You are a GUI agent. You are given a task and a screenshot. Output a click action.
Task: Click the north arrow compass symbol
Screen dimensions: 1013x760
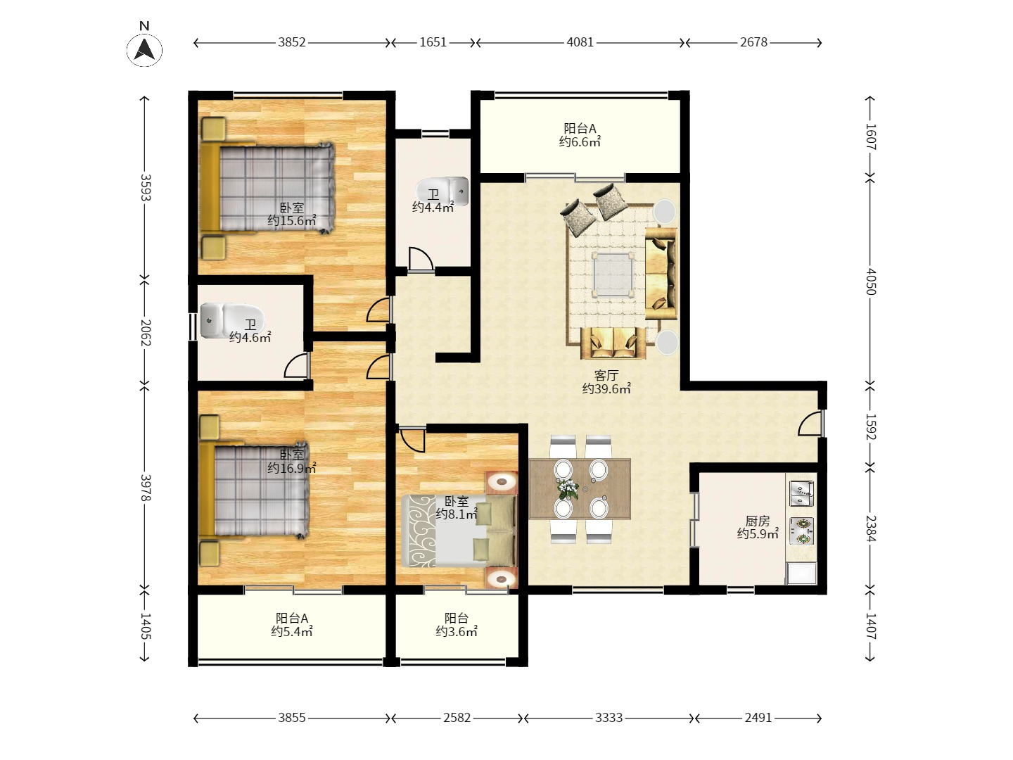[x=144, y=49]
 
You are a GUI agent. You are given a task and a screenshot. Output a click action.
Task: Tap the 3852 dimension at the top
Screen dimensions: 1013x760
[x=292, y=42]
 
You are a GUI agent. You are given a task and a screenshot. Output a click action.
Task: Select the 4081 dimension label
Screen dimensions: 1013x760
[x=580, y=42]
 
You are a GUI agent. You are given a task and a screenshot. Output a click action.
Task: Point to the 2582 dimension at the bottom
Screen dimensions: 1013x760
[x=457, y=718]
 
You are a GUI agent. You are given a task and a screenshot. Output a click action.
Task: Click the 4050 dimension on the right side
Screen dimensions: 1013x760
[x=870, y=281]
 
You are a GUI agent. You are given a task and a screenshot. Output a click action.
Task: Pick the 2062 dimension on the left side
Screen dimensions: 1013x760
[x=145, y=333]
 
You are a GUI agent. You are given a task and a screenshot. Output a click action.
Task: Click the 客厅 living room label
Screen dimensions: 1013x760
[x=606, y=375]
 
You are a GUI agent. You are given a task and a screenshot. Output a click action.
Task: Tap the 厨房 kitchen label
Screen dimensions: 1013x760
[x=758, y=521]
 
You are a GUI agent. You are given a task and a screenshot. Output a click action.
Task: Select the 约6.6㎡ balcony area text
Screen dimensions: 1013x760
[x=580, y=141]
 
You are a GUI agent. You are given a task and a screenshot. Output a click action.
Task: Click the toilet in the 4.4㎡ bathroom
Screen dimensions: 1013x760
[x=442, y=191]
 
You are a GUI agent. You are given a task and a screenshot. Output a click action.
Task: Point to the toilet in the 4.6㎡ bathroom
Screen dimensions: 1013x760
[x=232, y=319]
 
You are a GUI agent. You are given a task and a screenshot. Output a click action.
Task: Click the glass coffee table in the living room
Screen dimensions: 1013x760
[x=613, y=274]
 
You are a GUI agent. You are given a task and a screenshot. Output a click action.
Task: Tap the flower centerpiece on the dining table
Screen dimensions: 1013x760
[x=568, y=488]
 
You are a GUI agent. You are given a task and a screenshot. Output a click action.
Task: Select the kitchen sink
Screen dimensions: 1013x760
[x=801, y=493]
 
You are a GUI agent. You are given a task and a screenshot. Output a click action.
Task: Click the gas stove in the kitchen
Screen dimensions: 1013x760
[x=801, y=531]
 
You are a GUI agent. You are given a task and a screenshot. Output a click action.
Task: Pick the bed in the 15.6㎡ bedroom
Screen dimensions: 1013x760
[x=267, y=189]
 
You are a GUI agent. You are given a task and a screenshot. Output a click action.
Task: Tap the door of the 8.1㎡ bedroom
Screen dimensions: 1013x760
[x=412, y=441]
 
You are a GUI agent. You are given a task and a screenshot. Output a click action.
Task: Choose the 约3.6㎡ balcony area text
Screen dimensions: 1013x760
[x=457, y=631]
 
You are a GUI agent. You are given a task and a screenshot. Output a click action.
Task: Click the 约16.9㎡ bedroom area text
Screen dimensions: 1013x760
[x=292, y=469]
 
